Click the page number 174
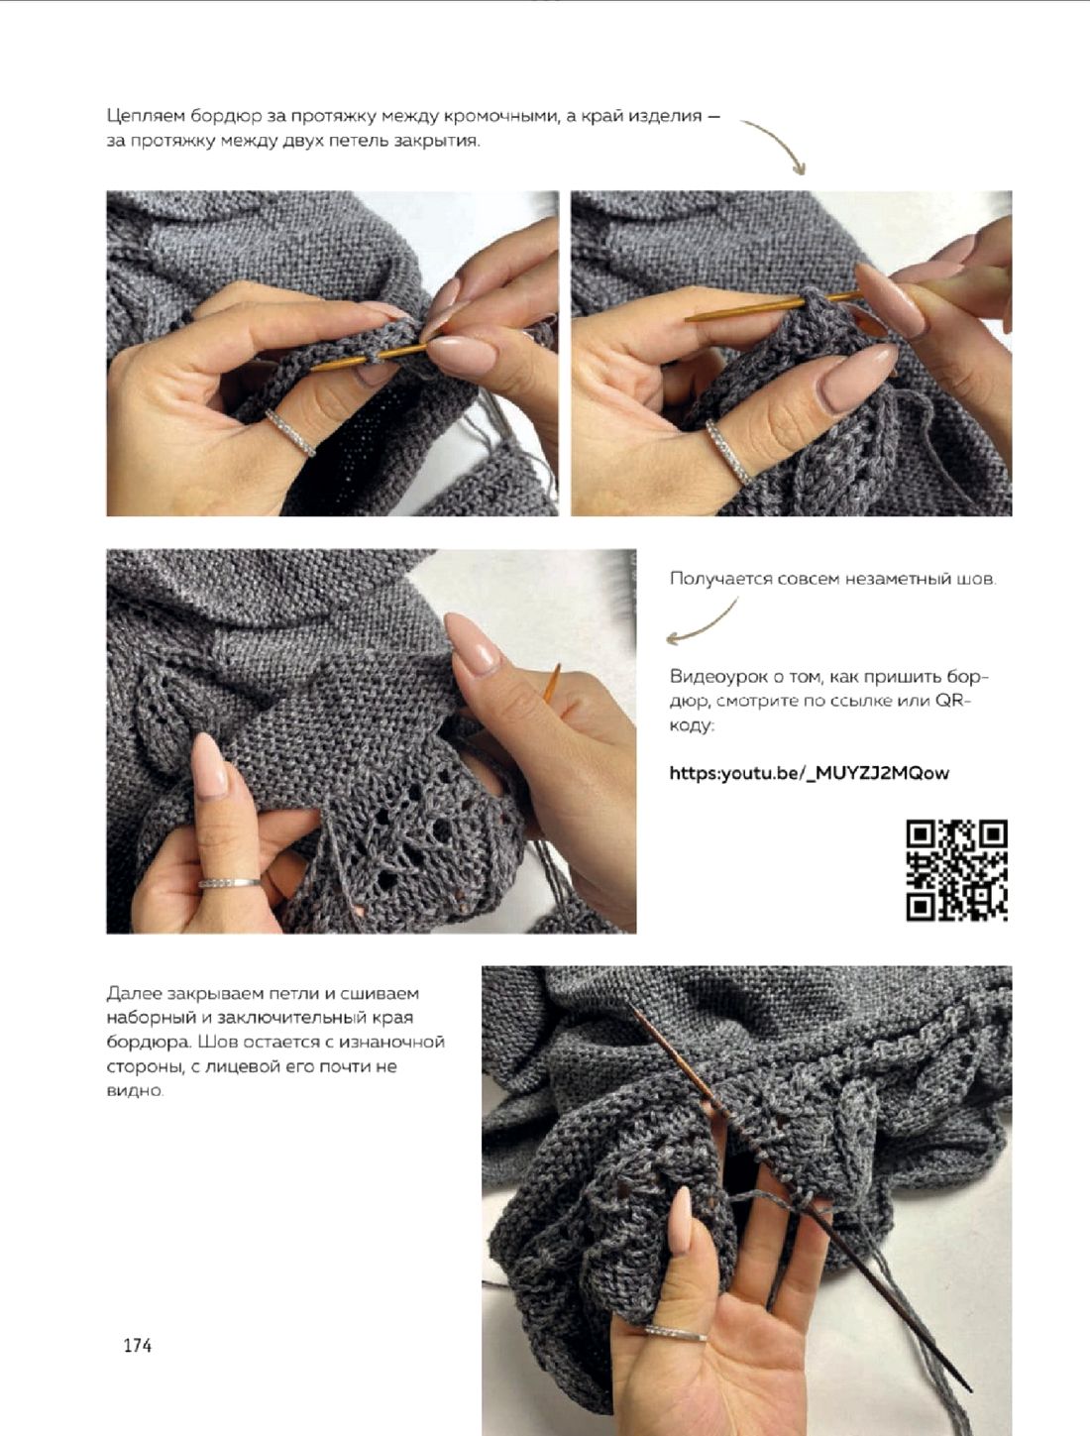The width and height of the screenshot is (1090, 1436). [x=138, y=1346]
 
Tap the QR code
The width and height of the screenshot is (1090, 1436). [x=956, y=870]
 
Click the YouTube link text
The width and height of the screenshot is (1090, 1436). [x=809, y=773]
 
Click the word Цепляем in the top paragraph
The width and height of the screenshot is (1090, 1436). [x=145, y=117]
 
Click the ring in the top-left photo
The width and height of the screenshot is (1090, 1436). [x=291, y=432]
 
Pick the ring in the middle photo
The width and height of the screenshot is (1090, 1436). [x=229, y=883]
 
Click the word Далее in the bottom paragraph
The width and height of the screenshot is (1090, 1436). [x=134, y=994]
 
